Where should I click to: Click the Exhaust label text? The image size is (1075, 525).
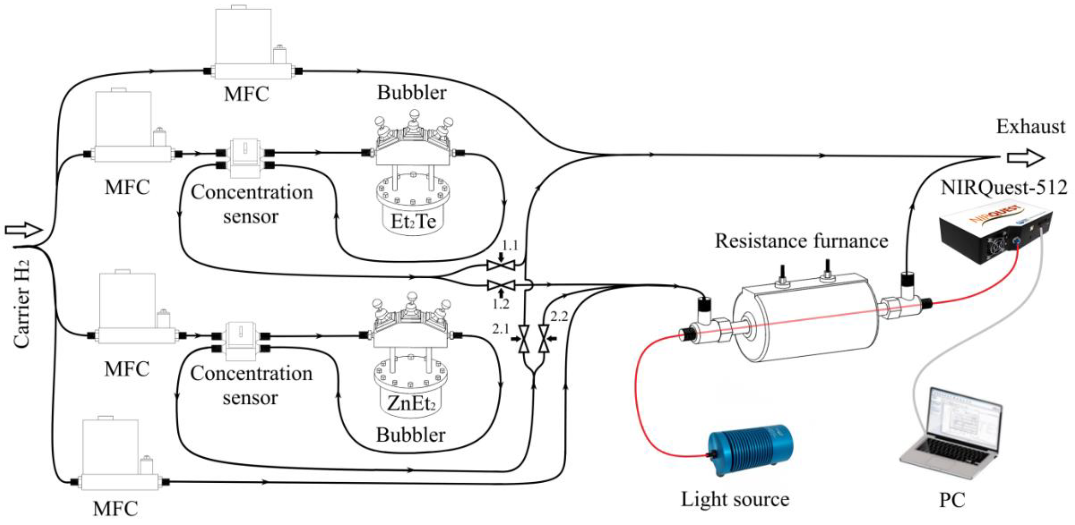(x=1030, y=127)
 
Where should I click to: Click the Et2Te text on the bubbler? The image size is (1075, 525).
(x=413, y=221)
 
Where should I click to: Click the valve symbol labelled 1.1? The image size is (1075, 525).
(x=501, y=265)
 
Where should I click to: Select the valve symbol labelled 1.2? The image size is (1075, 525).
(x=501, y=285)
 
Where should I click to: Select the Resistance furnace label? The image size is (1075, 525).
(x=801, y=241)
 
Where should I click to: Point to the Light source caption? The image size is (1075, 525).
(x=735, y=499)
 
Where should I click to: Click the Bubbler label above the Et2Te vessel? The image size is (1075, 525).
(x=411, y=93)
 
